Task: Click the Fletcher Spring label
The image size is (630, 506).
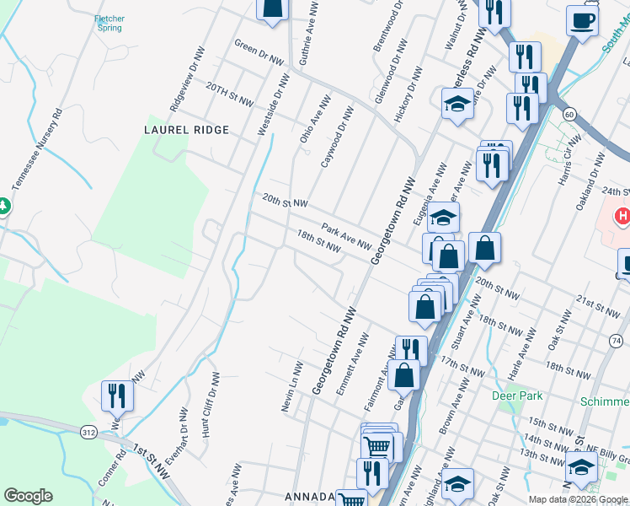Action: tap(109, 23)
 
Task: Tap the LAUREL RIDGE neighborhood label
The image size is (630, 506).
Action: tap(187, 130)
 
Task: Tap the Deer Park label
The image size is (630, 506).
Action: tap(517, 395)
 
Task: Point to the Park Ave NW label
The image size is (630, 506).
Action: tap(345, 235)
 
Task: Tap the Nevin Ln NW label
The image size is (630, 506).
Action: tap(291, 386)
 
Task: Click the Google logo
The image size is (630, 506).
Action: tap(28, 496)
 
